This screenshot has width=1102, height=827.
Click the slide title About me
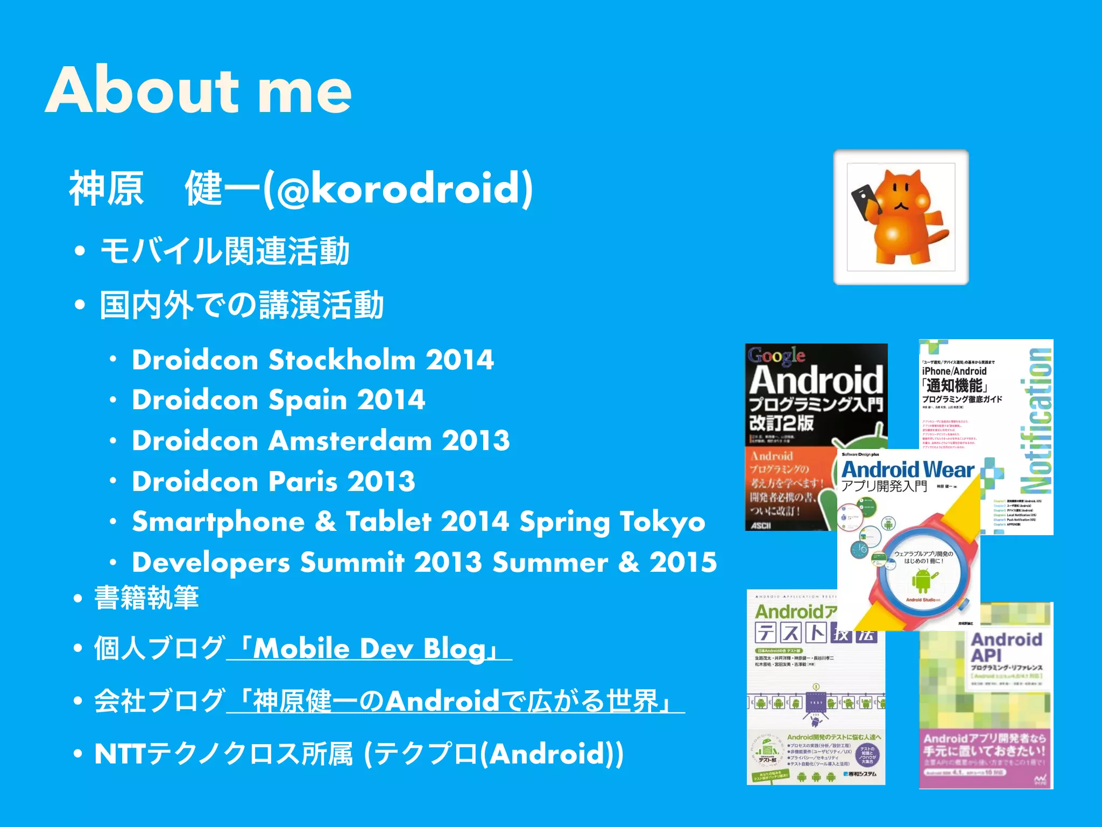198,90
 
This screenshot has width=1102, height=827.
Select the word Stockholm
342,360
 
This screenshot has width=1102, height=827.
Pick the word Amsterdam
350,441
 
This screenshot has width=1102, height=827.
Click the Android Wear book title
908,470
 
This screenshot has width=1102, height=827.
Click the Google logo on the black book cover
776,355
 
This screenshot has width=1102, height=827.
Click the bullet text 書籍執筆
146,598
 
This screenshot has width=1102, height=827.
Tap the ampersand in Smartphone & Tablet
325,522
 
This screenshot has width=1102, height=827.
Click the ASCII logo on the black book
761,525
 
